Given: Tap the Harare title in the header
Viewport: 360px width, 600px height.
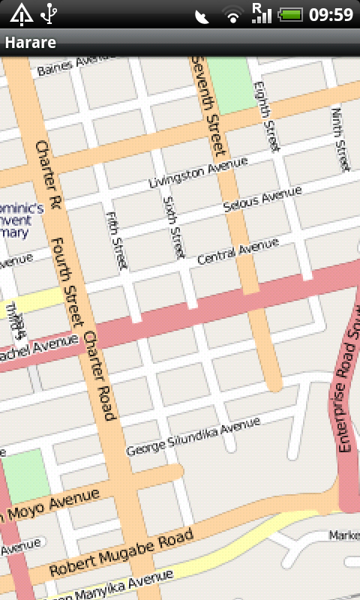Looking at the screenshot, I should tap(31, 43).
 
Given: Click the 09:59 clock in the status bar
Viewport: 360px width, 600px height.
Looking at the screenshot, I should tap(331, 14).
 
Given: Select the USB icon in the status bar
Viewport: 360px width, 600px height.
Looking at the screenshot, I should tap(49, 13).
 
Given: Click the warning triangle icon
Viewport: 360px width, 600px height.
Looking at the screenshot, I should tap(20, 13).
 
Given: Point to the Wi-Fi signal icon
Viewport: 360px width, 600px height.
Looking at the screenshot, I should tap(233, 14).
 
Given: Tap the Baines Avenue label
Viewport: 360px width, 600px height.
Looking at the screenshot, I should tap(72, 66).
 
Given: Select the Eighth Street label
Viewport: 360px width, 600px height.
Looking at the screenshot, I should tap(267, 116).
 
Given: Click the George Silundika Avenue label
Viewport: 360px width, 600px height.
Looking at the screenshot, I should tap(193, 437).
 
